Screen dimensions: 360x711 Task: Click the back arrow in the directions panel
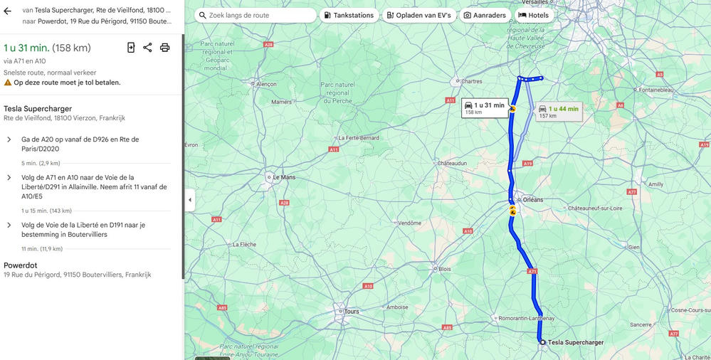coord(8,11)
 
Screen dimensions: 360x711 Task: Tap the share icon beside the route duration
coord(147,48)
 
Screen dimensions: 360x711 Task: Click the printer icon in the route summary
coord(165,48)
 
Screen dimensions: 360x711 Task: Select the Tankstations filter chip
coord(349,15)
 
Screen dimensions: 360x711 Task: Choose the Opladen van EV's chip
coord(418,15)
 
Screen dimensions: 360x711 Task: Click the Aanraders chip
coord(484,15)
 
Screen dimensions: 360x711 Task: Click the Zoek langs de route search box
coord(256,15)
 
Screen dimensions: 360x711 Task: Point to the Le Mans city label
coord(283,176)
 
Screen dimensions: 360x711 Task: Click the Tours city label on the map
coord(351,312)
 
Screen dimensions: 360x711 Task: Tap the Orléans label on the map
coord(532,200)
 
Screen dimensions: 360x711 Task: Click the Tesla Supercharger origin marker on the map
coord(542,342)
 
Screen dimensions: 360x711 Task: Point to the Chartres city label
coord(471,81)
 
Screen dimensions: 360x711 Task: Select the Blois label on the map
coord(445,269)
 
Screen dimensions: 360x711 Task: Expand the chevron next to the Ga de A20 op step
coord(9,139)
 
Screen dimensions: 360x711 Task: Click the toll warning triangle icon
coord(8,83)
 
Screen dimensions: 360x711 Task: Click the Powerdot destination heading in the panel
coord(21,265)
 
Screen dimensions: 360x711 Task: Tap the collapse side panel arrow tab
coord(190,200)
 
